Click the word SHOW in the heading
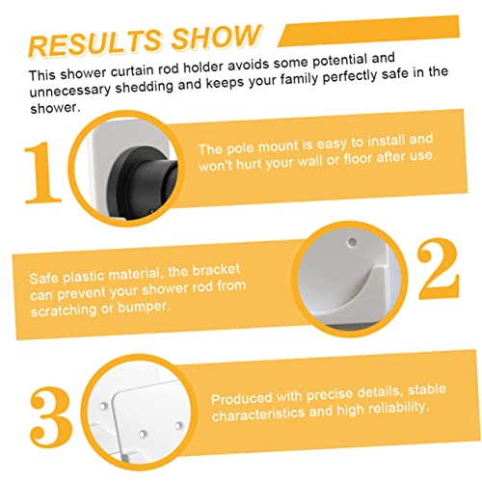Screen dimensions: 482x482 tap(216, 37)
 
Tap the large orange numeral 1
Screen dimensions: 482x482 tap(43, 173)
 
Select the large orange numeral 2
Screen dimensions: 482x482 tap(439, 268)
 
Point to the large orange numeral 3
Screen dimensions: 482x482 tap(50, 417)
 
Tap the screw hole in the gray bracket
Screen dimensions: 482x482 tap(353, 242)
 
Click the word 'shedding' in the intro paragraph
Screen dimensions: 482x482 tap(145, 87)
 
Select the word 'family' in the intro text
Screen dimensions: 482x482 tap(299, 79)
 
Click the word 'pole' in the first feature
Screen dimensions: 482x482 tap(241, 148)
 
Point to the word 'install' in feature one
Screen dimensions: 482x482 tap(386, 142)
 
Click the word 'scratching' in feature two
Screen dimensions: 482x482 tap(64, 310)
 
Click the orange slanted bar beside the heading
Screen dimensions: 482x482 tap(369, 31)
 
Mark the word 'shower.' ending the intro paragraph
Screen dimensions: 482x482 tap(55, 109)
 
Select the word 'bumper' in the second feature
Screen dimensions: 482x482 tap(144, 308)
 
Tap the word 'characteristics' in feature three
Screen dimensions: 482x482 tap(258, 415)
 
